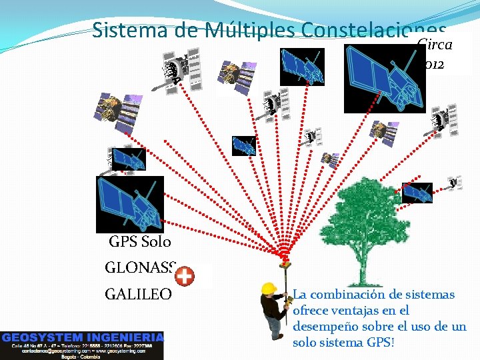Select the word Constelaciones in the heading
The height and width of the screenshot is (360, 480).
[x=373, y=31]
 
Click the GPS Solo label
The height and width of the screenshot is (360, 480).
[x=140, y=242]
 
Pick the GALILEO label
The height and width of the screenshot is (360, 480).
[x=138, y=294]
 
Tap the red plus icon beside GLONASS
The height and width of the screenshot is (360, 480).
[x=185, y=275]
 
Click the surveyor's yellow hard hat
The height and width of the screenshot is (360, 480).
[x=269, y=287]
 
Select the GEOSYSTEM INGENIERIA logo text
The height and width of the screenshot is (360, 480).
[x=82, y=337]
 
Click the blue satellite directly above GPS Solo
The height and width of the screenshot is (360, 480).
[x=129, y=204]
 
